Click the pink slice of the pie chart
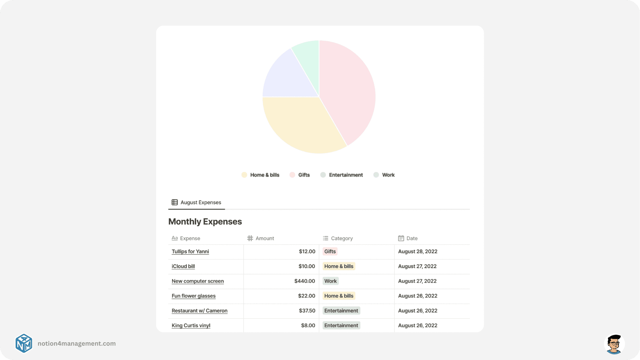pos(348,90)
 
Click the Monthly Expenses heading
pos(205,222)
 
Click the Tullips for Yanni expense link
pos(190,252)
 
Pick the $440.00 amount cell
pos(304,281)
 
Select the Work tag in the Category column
pos(330,281)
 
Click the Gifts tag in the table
pos(330,252)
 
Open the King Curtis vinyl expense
pos(191,326)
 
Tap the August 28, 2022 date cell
pos(418,252)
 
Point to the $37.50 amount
pos(307,311)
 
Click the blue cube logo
pos(24,343)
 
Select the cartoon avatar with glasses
pos(614,344)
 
